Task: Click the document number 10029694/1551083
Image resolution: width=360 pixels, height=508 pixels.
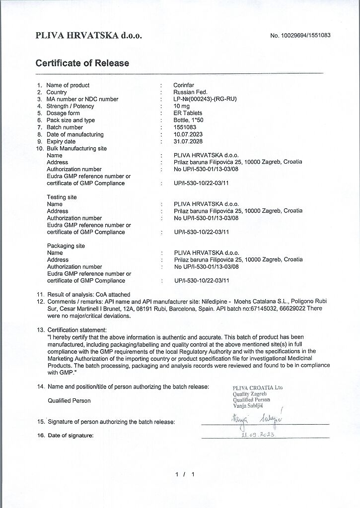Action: pyautogui.click(x=300, y=36)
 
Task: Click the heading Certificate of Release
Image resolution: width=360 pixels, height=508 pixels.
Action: pyautogui.click(x=82, y=63)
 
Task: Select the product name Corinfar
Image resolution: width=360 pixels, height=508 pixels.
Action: pyautogui.click(x=184, y=85)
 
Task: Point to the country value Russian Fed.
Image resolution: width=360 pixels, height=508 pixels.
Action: pyautogui.click(x=190, y=92)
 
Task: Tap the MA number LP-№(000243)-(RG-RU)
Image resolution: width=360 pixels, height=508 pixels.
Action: pyautogui.click(x=205, y=99)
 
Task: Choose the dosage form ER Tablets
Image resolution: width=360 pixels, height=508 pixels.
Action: pyautogui.click(x=188, y=113)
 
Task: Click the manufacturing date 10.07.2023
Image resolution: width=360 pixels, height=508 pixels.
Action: pyautogui.click(x=188, y=134)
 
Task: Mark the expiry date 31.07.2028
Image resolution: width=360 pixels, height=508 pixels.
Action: pyautogui.click(x=188, y=141)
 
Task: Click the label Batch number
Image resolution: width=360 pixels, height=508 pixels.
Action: pyautogui.click(x=65, y=127)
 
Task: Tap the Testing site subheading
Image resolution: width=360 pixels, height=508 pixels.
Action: pyautogui.click(x=62, y=197)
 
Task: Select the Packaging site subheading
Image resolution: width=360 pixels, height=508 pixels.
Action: pyautogui.click(x=66, y=246)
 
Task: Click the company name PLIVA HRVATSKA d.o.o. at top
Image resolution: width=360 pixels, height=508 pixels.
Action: pyautogui.click(x=89, y=36)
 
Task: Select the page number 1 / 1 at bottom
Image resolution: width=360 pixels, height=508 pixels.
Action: pyautogui.click(x=185, y=475)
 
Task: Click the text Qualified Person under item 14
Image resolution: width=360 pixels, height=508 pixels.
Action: pyautogui.click(x=69, y=400)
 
